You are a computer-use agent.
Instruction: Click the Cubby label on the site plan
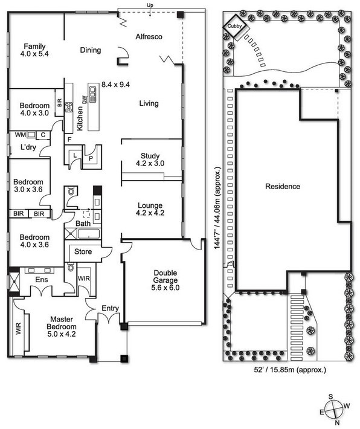[x=235, y=26]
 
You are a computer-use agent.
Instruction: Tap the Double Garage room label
[x=166, y=280]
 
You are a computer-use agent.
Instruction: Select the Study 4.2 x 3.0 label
[x=150, y=160]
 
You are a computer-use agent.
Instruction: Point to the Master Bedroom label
[x=62, y=327]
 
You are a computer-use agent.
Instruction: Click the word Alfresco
[x=149, y=37]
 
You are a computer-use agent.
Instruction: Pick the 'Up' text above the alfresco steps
[x=150, y=5]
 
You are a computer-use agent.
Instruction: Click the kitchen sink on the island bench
[x=92, y=94]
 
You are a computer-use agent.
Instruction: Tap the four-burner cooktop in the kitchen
[x=69, y=107]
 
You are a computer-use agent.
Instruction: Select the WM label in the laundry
[x=21, y=135]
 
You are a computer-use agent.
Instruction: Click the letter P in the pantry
[x=91, y=159]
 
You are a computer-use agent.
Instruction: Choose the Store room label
[x=83, y=252]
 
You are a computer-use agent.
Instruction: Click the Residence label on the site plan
[x=283, y=187]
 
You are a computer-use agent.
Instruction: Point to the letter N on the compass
[x=337, y=422]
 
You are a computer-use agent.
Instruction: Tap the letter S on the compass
[x=330, y=397]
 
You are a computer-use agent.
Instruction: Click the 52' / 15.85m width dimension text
[x=291, y=370]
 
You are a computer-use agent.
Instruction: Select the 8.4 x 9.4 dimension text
[x=116, y=85]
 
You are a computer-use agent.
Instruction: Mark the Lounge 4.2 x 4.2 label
[x=150, y=209]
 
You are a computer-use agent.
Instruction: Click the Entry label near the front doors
[x=111, y=308]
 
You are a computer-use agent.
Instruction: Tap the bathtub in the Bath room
[x=89, y=234]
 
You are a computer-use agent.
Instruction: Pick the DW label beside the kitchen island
[x=85, y=100]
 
